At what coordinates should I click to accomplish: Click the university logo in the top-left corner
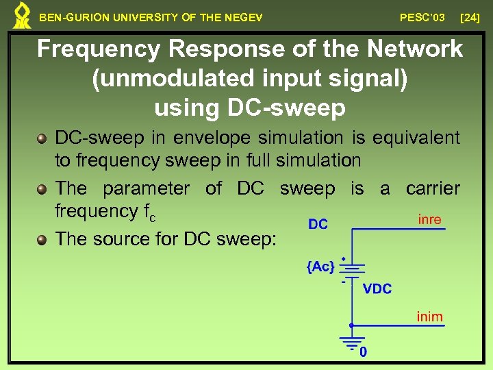[x=22, y=16]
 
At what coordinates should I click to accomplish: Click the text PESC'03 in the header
[x=422, y=17]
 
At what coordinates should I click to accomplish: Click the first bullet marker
[x=42, y=138]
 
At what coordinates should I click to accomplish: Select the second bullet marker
[x=42, y=189]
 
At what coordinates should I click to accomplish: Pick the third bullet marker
[x=42, y=240]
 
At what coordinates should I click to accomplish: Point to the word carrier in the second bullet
[x=433, y=188]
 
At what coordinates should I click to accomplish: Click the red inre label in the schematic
[x=429, y=220]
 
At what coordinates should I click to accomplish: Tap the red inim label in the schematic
[x=430, y=317]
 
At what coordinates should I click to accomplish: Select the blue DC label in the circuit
[x=318, y=224]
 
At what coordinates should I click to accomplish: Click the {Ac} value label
[x=320, y=267]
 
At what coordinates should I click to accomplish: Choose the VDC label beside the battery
[x=377, y=289]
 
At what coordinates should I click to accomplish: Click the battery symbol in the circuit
[x=351, y=269]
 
